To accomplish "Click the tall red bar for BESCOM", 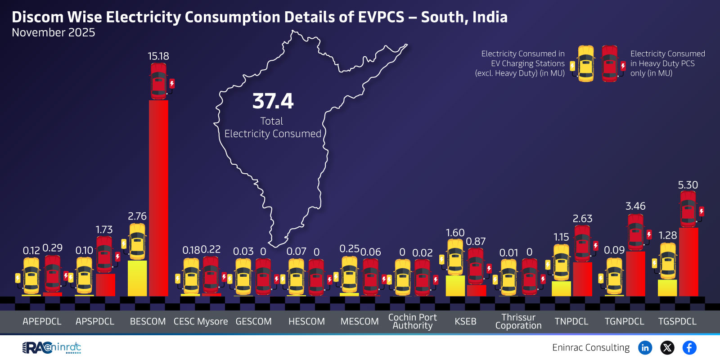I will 158,198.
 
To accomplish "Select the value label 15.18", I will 158,56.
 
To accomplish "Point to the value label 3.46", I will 635,206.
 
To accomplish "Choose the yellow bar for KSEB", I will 455,286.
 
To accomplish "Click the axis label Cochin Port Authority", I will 413,321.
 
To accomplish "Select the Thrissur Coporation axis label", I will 518,321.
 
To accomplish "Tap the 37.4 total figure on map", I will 273,101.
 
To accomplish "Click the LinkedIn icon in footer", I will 645,347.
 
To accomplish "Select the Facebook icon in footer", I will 689,347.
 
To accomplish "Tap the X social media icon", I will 667,347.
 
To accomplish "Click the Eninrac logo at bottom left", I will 52,347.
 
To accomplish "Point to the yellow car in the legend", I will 585,63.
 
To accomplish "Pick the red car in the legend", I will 610,63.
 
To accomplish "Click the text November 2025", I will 54,33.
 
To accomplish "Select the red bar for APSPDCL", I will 105,284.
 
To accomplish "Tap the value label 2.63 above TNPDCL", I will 582,219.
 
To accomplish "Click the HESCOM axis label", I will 306,321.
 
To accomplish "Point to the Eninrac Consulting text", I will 591,347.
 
